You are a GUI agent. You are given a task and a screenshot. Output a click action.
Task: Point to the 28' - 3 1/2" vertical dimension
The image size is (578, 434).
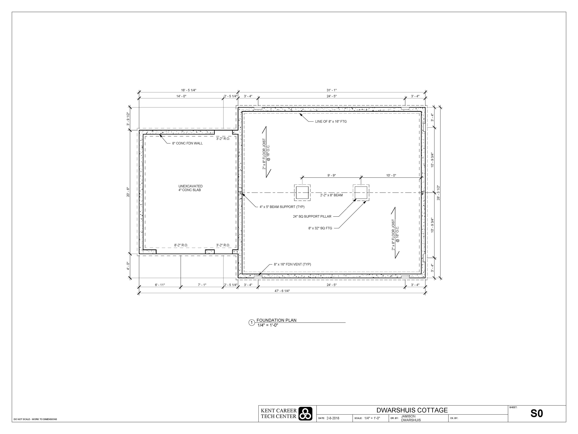[438, 193]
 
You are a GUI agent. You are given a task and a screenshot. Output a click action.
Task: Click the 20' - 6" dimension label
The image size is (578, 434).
[128, 192]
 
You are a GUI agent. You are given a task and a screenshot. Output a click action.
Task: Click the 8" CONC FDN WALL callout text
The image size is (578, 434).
[187, 143]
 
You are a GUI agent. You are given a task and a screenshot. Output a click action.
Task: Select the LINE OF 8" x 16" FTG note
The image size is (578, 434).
[331, 121]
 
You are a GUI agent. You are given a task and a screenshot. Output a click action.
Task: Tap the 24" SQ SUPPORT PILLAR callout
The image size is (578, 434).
[312, 216]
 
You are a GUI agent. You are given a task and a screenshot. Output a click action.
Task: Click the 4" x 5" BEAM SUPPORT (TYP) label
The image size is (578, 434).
[282, 207]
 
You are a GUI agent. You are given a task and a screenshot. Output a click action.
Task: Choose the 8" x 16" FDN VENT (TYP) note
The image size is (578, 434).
[292, 264]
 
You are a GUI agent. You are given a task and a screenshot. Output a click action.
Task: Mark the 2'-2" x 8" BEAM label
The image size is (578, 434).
[331, 195]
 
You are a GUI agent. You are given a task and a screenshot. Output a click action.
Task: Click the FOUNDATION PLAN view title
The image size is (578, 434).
[277, 320]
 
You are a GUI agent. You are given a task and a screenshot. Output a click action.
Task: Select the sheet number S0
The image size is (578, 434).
[537, 413]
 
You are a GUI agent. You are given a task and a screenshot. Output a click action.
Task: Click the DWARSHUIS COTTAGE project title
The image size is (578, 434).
[412, 410]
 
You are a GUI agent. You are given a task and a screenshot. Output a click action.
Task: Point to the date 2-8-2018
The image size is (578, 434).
[333, 418]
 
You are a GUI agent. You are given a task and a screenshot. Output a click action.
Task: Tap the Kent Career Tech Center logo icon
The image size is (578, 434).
[305, 414]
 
